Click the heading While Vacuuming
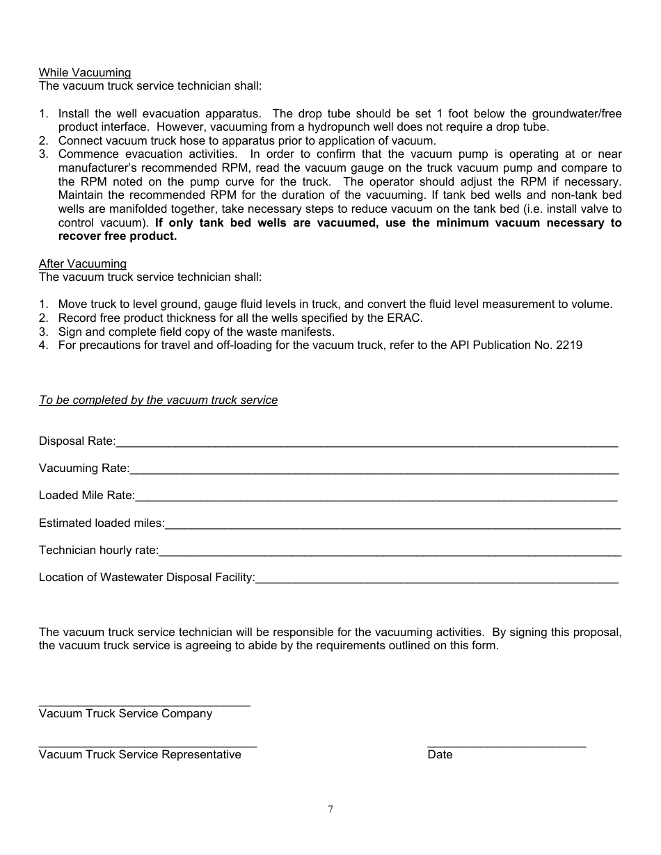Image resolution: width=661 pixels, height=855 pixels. [84, 73]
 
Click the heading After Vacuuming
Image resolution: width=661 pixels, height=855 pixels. [82, 264]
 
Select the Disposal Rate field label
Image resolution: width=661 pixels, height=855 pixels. [77, 441]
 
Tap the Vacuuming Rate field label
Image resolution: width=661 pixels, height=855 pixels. [83, 469]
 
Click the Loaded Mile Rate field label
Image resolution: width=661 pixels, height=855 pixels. [86, 496]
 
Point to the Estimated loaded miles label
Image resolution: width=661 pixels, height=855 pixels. [101, 523]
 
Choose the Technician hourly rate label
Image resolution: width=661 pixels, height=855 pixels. [98, 551]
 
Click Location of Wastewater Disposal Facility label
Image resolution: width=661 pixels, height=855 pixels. [146, 578]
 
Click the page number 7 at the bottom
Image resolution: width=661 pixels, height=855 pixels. [330, 809]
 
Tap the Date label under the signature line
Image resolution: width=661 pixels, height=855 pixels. [440, 755]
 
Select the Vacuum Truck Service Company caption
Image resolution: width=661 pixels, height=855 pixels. [125, 714]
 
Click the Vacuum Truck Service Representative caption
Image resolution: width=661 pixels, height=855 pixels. [139, 755]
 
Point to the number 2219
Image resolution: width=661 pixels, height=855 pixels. [569, 345]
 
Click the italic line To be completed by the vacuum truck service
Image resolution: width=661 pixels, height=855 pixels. [158, 400]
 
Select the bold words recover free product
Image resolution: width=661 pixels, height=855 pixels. [118, 236]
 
